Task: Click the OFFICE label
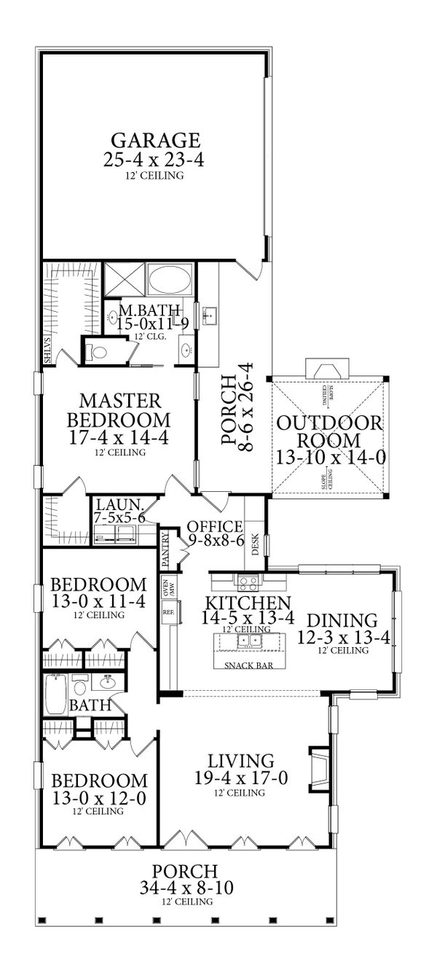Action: (214, 526)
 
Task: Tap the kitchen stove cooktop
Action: (246, 582)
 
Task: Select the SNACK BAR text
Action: (244, 665)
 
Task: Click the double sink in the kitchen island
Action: (252, 641)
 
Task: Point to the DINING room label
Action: (342, 621)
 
